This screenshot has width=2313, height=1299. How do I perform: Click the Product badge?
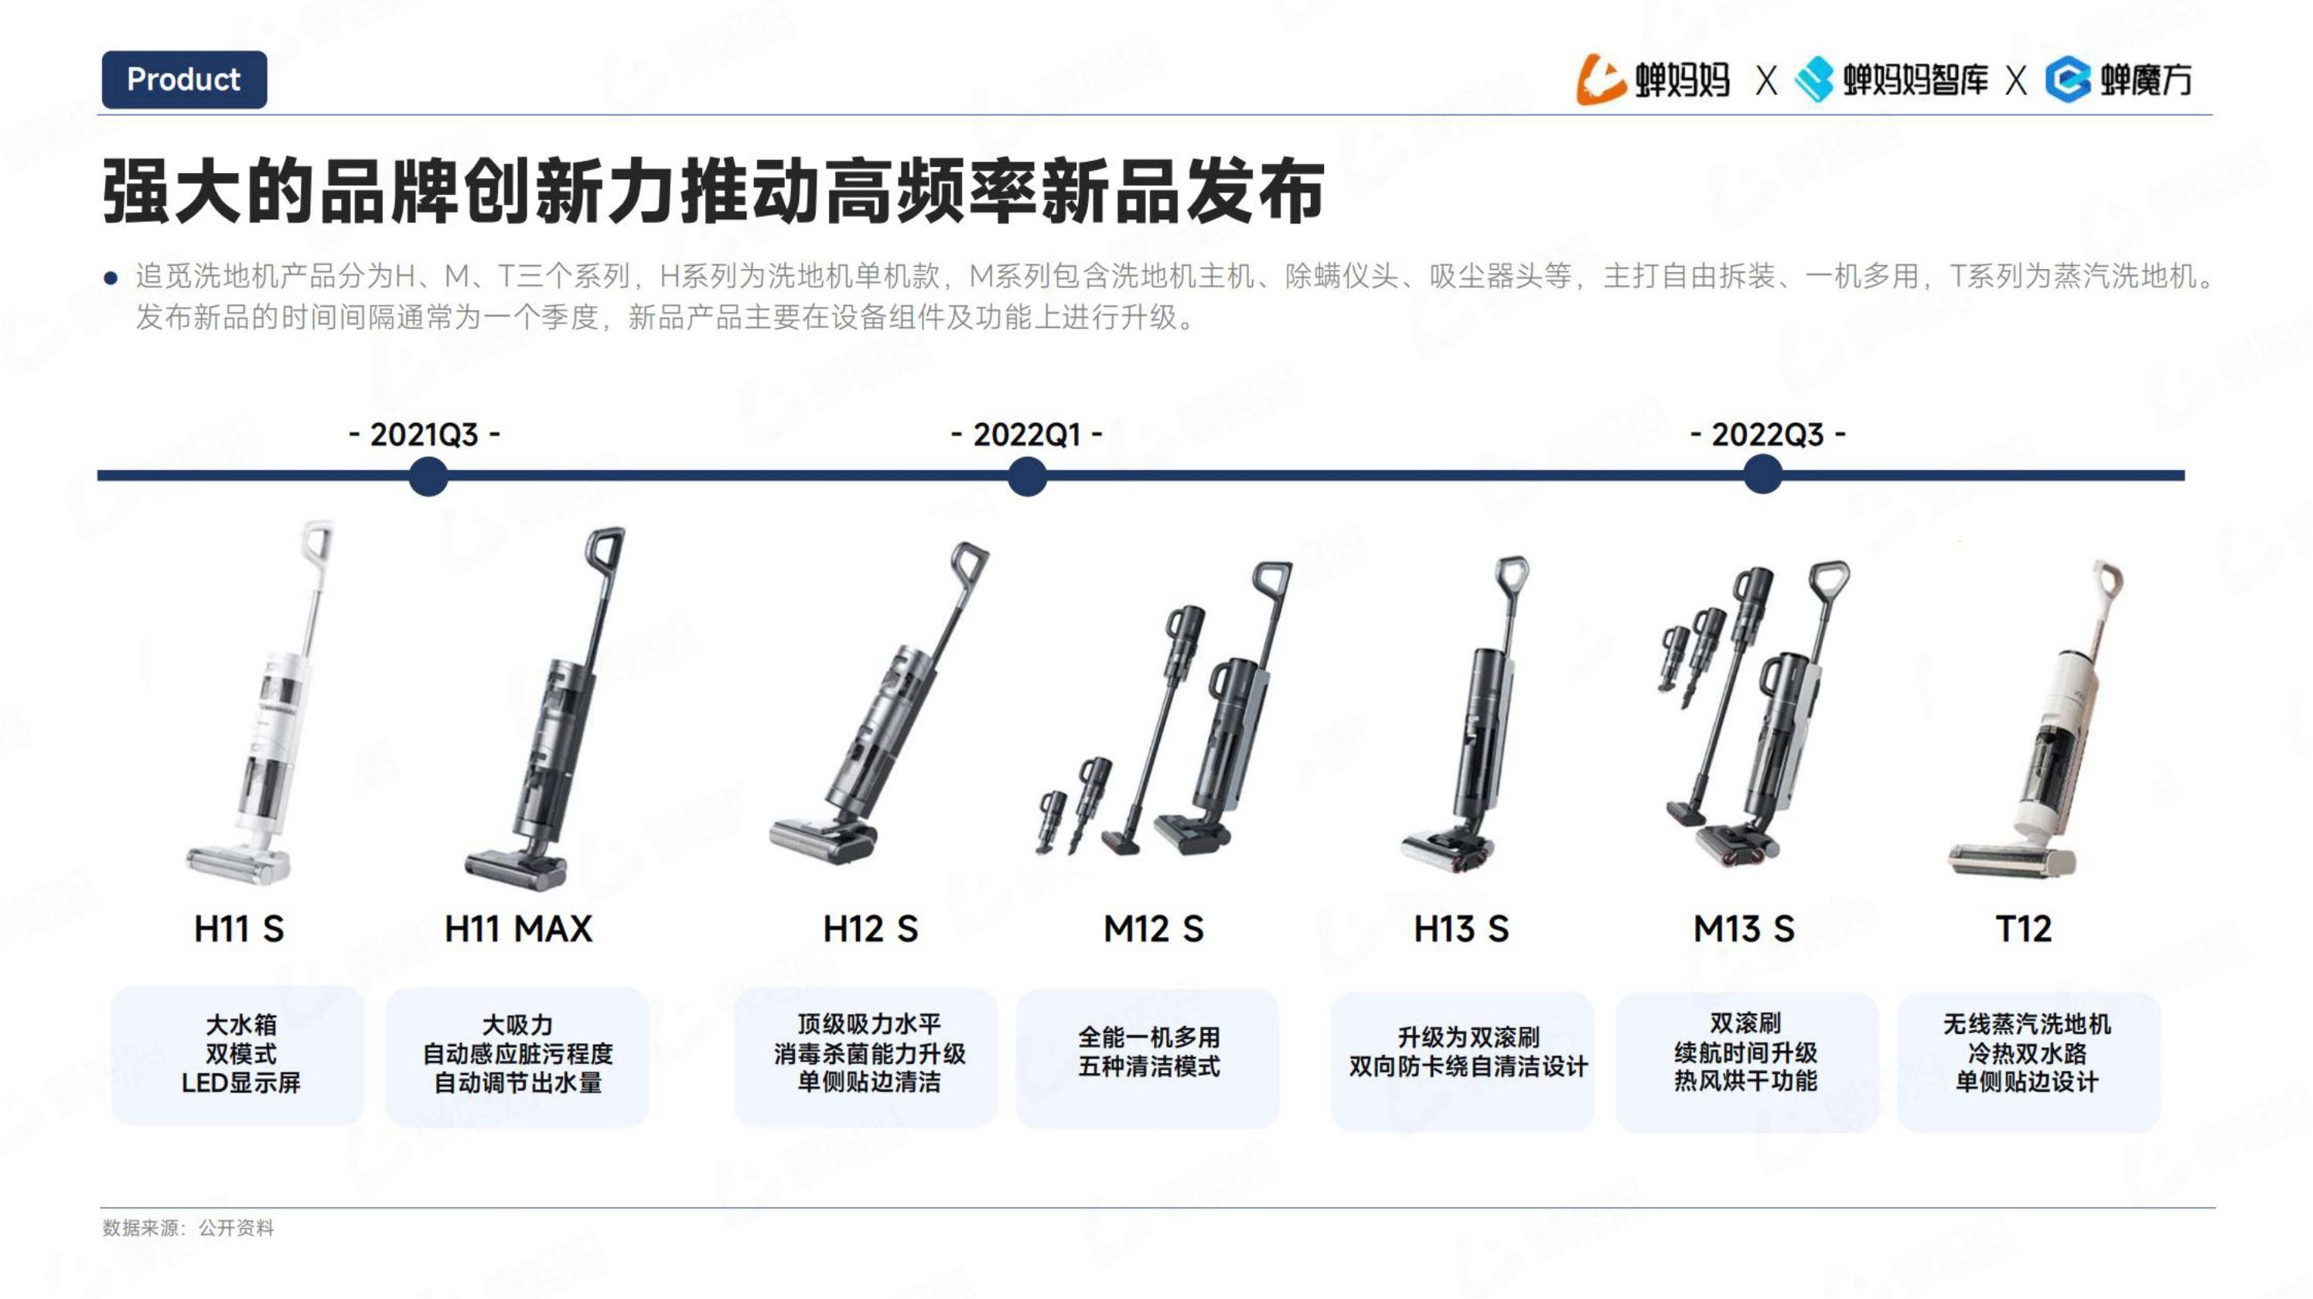point(184,80)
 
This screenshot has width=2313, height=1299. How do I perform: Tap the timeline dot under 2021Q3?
point(428,476)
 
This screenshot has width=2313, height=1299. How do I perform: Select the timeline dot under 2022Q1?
point(1027,476)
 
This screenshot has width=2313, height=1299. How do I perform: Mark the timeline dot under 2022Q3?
point(1762,475)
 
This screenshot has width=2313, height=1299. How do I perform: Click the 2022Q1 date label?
point(1026,435)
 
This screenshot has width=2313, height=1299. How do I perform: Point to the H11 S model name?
point(239,928)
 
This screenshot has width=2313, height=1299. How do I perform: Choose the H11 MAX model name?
point(518,928)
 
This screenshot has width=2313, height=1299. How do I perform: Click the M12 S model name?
point(1153,928)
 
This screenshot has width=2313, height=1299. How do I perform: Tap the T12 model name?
point(2023,928)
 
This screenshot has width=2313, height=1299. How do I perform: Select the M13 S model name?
point(1744,928)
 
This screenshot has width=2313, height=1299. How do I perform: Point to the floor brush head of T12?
point(2011,860)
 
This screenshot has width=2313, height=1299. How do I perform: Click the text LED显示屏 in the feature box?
point(241,1082)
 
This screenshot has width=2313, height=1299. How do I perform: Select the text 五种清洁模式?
point(1148,1066)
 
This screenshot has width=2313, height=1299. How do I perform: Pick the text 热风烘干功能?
point(1745,1081)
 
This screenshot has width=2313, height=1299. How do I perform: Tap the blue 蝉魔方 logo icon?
point(2068,80)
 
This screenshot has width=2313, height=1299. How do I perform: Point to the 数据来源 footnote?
point(188,1227)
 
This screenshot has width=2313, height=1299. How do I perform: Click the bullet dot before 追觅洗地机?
point(111,278)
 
